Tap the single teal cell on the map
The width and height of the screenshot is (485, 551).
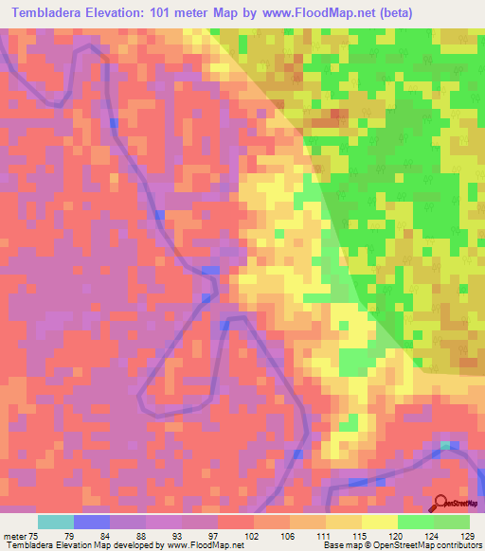click(x=445, y=444)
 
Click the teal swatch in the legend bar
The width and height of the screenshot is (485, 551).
click(x=56, y=522)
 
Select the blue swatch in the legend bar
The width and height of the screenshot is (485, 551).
click(x=92, y=522)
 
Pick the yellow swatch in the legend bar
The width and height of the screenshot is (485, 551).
click(x=380, y=522)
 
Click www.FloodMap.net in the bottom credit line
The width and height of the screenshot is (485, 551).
click(x=202, y=545)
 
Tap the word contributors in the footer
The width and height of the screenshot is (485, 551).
click(x=457, y=545)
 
